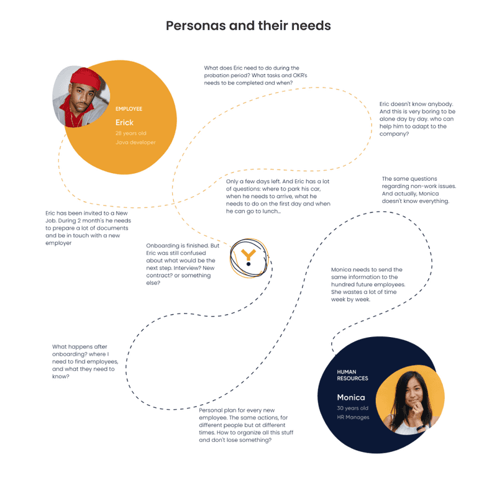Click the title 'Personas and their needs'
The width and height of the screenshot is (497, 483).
click(x=248, y=25)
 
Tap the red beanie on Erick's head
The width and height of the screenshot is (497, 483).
click(x=86, y=78)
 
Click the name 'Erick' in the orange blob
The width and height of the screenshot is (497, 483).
click(x=124, y=122)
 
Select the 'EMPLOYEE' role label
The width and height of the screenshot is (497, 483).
click(x=129, y=109)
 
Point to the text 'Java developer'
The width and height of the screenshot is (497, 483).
click(x=135, y=143)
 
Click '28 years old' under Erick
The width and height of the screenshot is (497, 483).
click(x=130, y=133)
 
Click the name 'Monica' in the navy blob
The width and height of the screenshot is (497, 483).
click(x=351, y=397)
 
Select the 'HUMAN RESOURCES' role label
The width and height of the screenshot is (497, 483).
click(x=352, y=375)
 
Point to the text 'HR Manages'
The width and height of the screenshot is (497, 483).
click(x=353, y=417)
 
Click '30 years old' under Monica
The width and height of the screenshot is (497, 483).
click(x=352, y=409)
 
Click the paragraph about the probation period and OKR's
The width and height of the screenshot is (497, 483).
click(x=255, y=75)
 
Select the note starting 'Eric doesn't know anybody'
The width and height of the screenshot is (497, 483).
click(x=417, y=119)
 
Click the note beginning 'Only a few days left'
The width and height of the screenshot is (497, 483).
click(x=278, y=196)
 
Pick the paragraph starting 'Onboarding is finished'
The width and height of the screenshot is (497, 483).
click(x=183, y=264)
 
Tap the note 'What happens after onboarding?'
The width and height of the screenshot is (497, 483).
click(x=85, y=361)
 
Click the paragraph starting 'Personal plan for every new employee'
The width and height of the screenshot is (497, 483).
click(x=246, y=425)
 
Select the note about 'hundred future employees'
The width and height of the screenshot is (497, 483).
click(x=368, y=284)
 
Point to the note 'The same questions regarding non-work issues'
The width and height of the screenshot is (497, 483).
click(x=419, y=190)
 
